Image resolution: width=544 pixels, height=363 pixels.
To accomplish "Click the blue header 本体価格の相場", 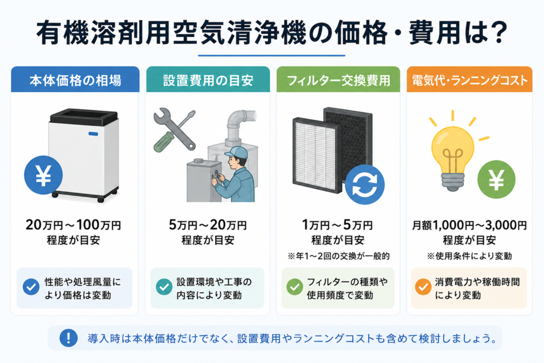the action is pyautogui.click(x=75, y=80).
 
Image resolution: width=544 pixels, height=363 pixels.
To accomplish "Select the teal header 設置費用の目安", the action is pyautogui.click(x=208, y=80).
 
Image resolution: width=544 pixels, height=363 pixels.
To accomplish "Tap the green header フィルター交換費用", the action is pyautogui.click(x=338, y=80).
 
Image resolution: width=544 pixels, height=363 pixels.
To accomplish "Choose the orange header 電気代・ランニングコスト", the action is pyautogui.click(x=470, y=80).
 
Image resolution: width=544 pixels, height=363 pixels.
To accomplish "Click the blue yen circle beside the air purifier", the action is pyautogui.click(x=44, y=175).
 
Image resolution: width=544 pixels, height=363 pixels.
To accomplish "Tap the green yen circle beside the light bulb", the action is pyautogui.click(x=496, y=180).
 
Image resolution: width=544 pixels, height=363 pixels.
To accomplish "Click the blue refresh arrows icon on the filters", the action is pyautogui.click(x=364, y=184).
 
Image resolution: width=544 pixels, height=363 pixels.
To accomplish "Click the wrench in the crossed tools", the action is pyautogui.click(x=174, y=129).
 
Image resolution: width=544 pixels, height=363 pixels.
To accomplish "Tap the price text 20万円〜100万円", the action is pyautogui.click(x=73, y=225).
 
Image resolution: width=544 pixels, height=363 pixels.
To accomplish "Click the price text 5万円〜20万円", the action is pyautogui.click(x=208, y=225).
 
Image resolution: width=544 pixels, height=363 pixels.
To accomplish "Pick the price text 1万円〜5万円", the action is pyautogui.click(x=337, y=225).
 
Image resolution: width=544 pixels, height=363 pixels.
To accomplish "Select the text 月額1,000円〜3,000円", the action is pyautogui.click(x=470, y=225).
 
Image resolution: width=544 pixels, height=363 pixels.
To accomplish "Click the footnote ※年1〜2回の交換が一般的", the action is pyautogui.click(x=338, y=256).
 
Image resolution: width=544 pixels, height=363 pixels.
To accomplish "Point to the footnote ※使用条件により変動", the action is pyautogui.click(x=470, y=256).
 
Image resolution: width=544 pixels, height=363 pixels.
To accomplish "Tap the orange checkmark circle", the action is pyautogui.click(x=423, y=287).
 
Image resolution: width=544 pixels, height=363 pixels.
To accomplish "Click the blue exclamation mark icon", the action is pyautogui.click(x=69, y=337).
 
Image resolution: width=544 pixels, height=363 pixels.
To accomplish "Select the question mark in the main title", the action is pyautogui.click(x=496, y=32).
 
